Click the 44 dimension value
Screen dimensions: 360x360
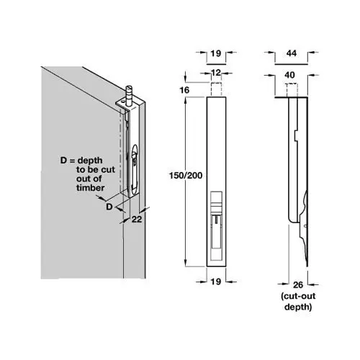point(292,53)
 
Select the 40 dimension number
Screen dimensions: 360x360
point(289,75)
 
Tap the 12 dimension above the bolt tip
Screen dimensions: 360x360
point(216,73)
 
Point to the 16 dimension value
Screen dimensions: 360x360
point(184,90)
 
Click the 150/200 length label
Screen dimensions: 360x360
point(186,176)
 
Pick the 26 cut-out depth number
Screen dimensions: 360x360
point(298,285)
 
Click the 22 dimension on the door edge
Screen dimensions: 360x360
point(137,219)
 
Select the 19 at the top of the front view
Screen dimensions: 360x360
point(216,53)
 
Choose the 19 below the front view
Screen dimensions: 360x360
point(216,282)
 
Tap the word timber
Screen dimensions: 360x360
point(91,188)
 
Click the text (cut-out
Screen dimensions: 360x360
point(298,296)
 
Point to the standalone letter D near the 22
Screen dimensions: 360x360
point(109,207)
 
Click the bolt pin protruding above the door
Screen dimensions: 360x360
point(130,95)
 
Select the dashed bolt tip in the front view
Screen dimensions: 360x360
point(216,89)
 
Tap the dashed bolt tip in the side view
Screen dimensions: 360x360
point(292,90)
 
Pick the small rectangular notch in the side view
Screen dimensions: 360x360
point(296,136)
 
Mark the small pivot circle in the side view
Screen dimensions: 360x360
point(305,226)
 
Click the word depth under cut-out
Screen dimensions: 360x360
point(298,307)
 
